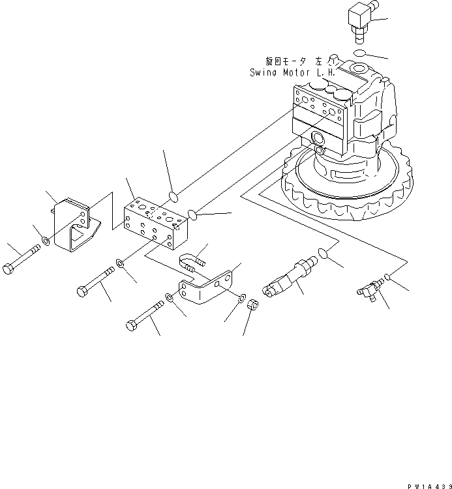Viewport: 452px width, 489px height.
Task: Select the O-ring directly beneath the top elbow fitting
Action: [360, 52]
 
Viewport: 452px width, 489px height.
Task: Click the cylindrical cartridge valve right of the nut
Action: [288, 278]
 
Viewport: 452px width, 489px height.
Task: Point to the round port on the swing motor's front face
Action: [319, 138]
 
